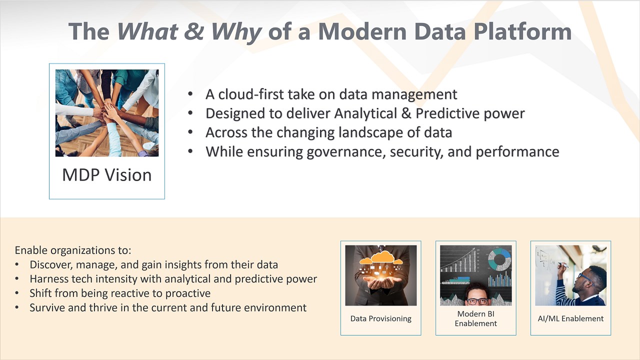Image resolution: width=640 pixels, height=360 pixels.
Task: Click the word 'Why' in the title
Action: [x=236, y=32]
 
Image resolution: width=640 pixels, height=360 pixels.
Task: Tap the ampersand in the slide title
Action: [x=193, y=31]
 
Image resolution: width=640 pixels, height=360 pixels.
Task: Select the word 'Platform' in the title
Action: [x=522, y=31]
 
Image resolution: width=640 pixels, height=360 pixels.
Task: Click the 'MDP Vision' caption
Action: [x=107, y=174]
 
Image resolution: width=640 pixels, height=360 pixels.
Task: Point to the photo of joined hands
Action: [x=107, y=113]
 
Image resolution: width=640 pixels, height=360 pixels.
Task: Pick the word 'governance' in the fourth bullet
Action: [x=344, y=152]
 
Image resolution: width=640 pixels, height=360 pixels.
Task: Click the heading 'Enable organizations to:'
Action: [x=73, y=250]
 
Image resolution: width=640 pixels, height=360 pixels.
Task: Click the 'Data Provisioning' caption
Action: [x=380, y=318]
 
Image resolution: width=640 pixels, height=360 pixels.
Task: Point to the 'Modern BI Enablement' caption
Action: [x=475, y=318]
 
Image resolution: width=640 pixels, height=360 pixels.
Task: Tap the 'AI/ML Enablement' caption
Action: [x=570, y=318]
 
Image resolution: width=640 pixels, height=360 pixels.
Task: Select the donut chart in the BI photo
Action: [x=499, y=259]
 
